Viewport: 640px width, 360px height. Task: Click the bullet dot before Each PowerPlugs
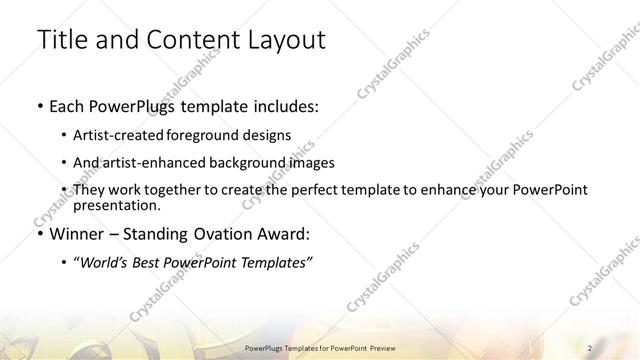38,105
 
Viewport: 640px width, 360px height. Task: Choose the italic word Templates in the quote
275,263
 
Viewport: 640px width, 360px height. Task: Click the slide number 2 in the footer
591,347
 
